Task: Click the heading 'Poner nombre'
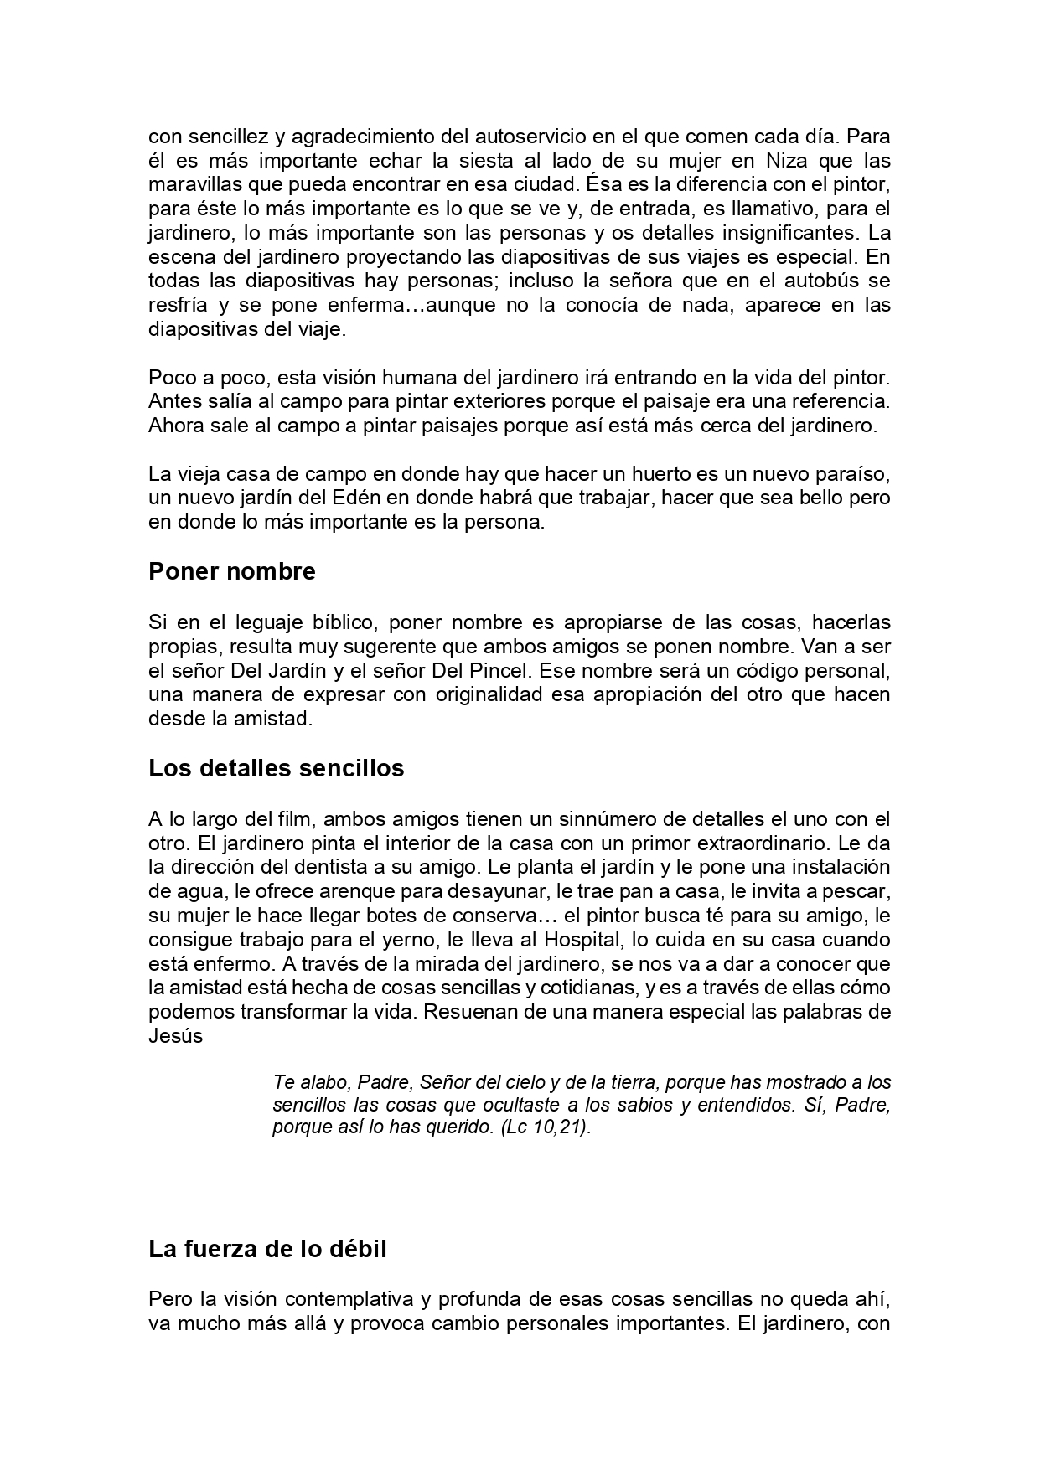[232, 572]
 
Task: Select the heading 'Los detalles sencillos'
[276, 768]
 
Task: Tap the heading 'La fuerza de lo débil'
[267, 1250]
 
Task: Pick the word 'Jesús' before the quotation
[176, 1036]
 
